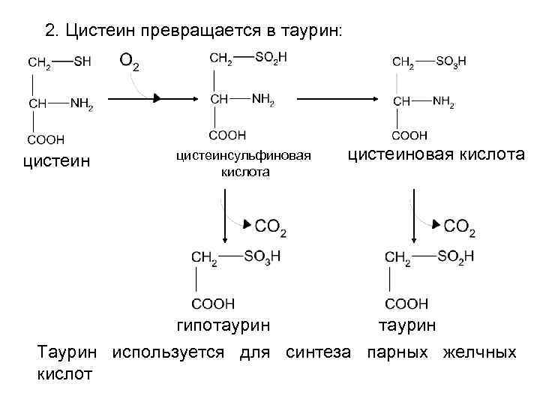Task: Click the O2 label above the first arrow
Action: [x=130, y=61]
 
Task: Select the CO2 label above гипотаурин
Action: [x=270, y=226]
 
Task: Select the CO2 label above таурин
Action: [x=459, y=226]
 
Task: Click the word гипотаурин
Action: [x=223, y=325]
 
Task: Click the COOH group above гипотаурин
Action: [x=213, y=303]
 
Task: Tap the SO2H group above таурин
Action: [x=456, y=256]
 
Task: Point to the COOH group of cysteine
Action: [x=46, y=139]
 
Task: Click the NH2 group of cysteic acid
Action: [x=442, y=102]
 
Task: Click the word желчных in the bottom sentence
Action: [x=479, y=352]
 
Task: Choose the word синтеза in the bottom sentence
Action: [x=317, y=352]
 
